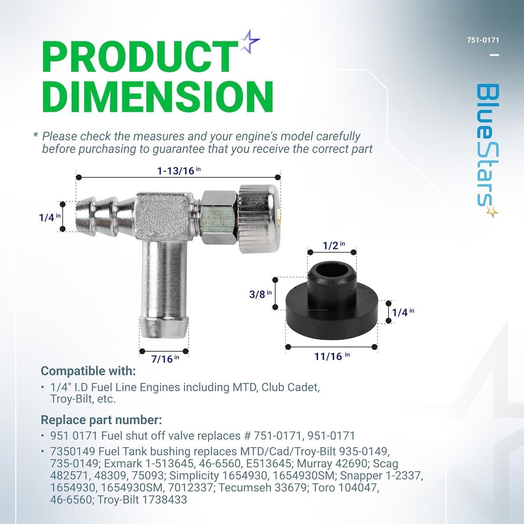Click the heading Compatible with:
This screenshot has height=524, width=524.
pos(88,371)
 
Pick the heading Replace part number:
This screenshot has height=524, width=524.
pos(101,420)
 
